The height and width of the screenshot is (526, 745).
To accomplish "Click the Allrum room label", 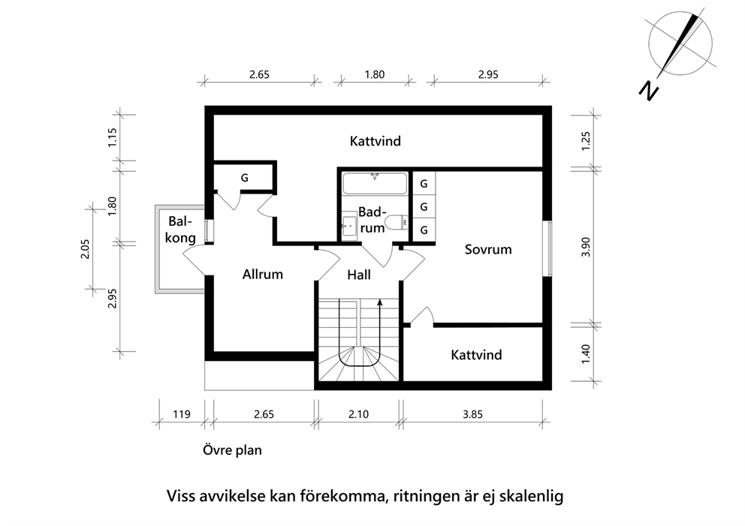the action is pos(262,275).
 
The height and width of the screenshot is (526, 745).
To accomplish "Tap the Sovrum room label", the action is pos(488,250).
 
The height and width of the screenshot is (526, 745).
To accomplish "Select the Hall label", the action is pos(359,275).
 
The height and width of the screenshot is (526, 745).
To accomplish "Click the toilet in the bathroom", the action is pos(397,222).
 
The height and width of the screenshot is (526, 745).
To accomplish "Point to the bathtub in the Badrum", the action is pos(375,184).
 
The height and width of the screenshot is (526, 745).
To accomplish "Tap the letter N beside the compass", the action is pos(648,90).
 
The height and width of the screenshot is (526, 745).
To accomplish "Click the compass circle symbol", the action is pos(680,43).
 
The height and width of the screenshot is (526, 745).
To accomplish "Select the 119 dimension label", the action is pos(182,414).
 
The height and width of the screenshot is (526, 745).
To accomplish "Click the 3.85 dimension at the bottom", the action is pos(472,414).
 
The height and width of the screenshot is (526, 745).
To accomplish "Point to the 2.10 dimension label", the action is pos(358,414).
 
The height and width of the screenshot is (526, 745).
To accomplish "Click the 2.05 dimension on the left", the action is pos(85,249).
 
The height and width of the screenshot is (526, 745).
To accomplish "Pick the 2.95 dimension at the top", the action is pos(488,74).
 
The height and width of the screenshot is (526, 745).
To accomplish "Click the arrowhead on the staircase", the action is pos(379,302).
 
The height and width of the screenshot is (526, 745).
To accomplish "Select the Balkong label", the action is pos(180,230).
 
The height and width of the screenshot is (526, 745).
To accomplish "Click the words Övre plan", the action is pos(232,450).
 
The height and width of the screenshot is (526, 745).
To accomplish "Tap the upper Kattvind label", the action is pos(376,141).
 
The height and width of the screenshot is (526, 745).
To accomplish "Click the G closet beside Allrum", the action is pos(244,178).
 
